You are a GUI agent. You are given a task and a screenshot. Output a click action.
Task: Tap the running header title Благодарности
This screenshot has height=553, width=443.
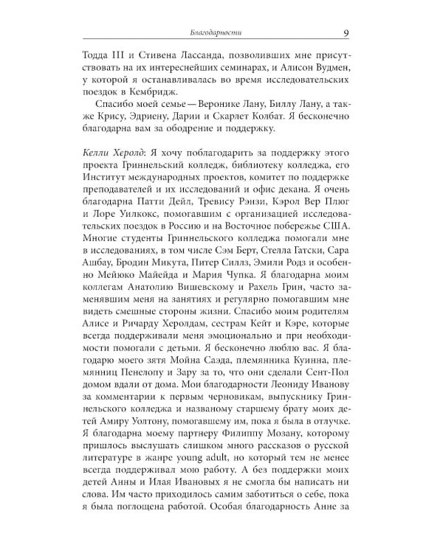(x=216, y=33)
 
